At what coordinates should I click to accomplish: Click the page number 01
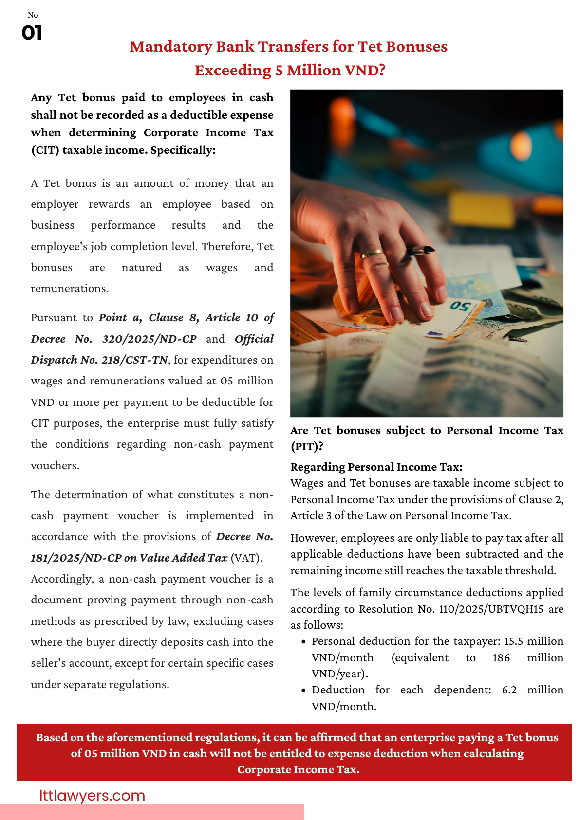32,33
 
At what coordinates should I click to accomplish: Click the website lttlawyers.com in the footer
92,795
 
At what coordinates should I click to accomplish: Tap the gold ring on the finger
372,253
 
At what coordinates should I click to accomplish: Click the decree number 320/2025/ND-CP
149,339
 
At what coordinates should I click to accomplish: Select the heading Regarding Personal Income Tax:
376,467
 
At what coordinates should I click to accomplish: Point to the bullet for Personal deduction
303,641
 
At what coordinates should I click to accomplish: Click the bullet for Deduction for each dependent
303,690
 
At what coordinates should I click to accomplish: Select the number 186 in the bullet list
501,657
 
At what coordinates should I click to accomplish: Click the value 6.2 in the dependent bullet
509,690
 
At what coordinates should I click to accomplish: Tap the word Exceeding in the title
233,71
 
